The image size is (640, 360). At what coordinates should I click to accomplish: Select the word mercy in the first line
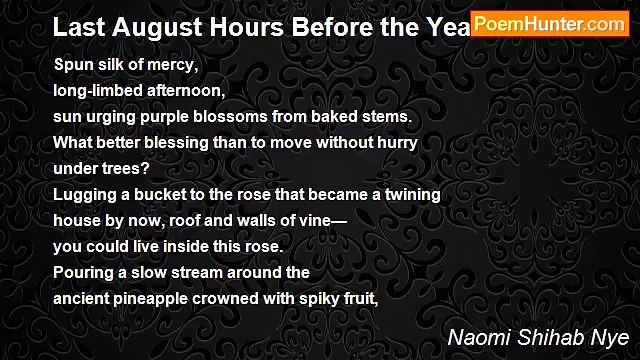tap(175, 66)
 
